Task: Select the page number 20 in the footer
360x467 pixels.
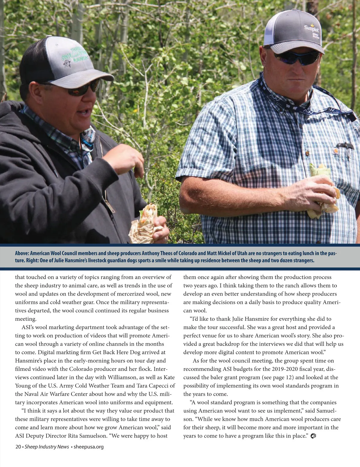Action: tap(18, 447)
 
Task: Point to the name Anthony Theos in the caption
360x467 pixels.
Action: tap(157, 253)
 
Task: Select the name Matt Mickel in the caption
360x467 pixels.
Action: tap(220, 253)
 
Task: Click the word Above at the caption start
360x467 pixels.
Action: tap(22, 253)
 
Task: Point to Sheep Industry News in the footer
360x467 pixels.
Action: tap(47, 447)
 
